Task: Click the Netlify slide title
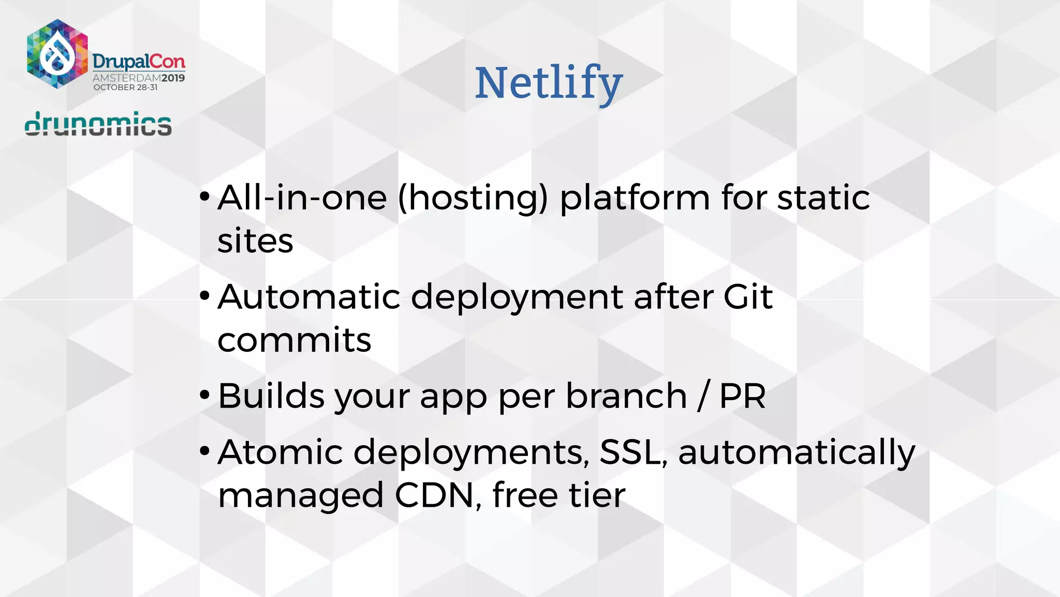click(x=549, y=83)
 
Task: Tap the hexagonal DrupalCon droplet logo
click(x=57, y=54)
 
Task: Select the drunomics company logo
click(x=98, y=124)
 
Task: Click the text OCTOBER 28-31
click(x=125, y=88)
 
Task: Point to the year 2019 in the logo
click(x=173, y=78)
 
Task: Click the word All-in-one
click(x=302, y=198)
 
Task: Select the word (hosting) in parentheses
click(x=473, y=198)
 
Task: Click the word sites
click(x=255, y=241)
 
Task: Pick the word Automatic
click(x=309, y=297)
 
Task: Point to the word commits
click(x=294, y=340)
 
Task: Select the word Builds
click(x=271, y=396)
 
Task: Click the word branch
click(x=626, y=396)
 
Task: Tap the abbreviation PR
click(x=742, y=396)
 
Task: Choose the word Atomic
click(x=280, y=452)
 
